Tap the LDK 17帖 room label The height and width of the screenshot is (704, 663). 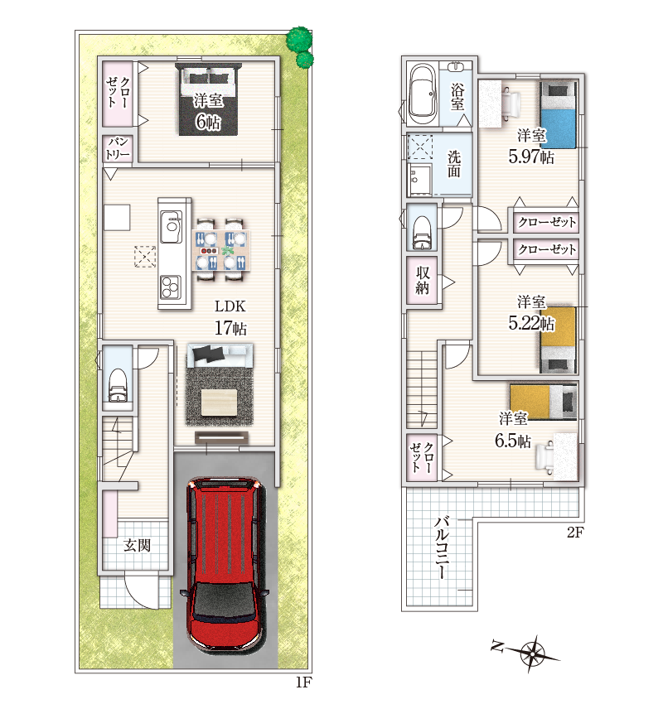[230, 317]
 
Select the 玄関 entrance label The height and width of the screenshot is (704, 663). [137, 546]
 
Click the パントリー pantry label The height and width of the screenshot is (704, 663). [118, 148]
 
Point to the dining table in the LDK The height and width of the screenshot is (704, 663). [221, 250]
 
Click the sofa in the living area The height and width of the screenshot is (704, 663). [220, 355]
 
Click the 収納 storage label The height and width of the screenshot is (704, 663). [422, 280]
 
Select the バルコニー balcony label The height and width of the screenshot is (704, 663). [442, 547]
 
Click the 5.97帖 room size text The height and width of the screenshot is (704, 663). [531, 157]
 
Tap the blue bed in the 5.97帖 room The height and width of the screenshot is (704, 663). [558, 114]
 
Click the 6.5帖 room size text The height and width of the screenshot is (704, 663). [513, 441]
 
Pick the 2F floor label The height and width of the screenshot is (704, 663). [575, 533]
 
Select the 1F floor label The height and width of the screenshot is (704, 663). [303, 683]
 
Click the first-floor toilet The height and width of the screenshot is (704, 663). [118, 385]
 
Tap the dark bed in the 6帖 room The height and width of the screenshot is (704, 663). [208, 99]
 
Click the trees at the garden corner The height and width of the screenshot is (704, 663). [300, 46]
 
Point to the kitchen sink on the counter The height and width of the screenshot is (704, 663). [172, 222]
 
